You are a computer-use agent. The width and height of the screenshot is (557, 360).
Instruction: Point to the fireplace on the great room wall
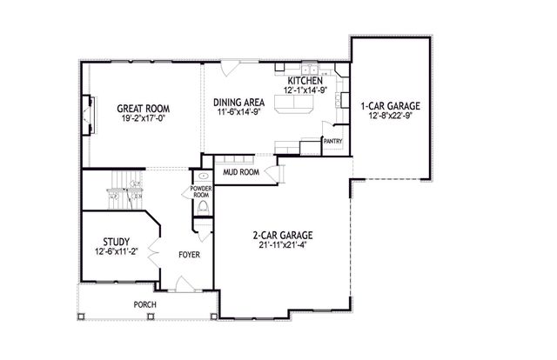pyautogui.click(x=89, y=113)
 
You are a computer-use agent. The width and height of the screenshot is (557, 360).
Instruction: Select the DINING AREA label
pyautogui.click(x=238, y=103)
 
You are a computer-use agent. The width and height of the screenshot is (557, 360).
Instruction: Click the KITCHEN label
pyautogui.click(x=300, y=79)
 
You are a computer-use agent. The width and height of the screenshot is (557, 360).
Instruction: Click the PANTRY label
pyautogui.click(x=332, y=140)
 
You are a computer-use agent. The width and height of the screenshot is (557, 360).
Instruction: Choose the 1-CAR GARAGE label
pyautogui.click(x=389, y=106)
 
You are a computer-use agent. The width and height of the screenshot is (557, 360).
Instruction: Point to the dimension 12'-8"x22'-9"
pyautogui.click(x=389, y=117)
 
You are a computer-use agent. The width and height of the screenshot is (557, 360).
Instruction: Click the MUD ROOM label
pyautogui.click(x=241, y=172)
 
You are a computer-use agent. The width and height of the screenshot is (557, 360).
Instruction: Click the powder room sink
pyautogui.click(x=201, y=175)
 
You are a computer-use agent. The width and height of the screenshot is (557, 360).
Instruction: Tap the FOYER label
pyautogui.click(x=189, y=256)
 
